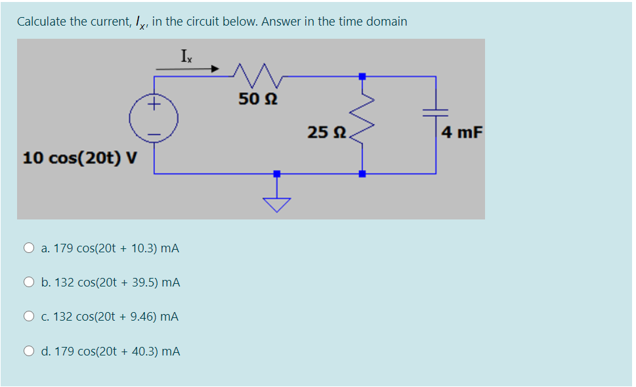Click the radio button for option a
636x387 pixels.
click(x=29, y=248)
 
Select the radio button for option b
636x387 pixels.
click(x=29, y=283)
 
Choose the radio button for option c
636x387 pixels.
click(x=29, y=317)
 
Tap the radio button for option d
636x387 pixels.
click(x=29, y=352)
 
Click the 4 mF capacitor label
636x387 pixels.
click(x=461, y=133)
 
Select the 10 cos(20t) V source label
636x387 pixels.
click(x=80, y=158)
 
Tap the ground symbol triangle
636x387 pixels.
click(x=276, y=204)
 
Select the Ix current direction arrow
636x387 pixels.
click(x=186, y=68)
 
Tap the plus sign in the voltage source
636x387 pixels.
click(x=154, y=104)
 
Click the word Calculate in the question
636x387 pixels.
click(x=42, y=22)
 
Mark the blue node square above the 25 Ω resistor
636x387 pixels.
click(x=362, y=76)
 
